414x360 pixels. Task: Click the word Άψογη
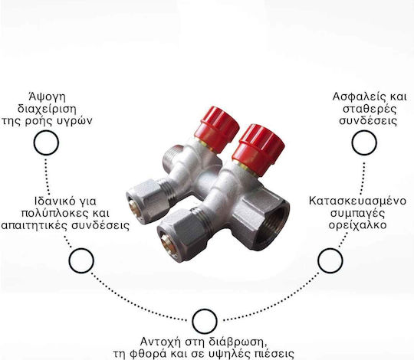(47, 97)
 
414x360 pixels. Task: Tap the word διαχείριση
(47, 110)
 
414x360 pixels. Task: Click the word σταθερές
(369, 110)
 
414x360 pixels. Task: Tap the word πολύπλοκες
(53, 214)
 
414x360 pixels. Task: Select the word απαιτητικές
(34, 226)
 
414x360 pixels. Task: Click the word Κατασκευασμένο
(357, 201)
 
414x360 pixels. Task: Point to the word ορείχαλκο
(357, 226)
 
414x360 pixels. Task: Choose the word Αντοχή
(160, 342)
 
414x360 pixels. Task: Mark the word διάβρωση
(237, 342)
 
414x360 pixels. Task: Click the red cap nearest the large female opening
(258, 150)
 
